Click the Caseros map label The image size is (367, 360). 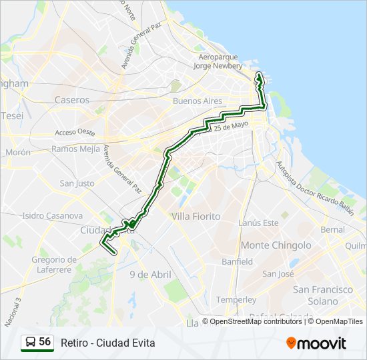[72, 100]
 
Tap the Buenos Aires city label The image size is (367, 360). [197, 101]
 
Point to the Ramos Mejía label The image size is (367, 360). [75, 149]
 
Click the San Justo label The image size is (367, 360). [77, 183]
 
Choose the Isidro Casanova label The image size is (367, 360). [52, 216]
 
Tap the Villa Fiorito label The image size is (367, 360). [196, 217]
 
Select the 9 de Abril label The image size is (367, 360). [150, 274]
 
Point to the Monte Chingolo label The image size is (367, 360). [276, 245]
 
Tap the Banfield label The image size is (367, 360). [237, 262]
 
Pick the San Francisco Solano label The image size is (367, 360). [323, 295]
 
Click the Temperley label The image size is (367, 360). [236, 300]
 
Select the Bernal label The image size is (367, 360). [333, 229]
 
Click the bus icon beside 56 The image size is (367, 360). [31, 343]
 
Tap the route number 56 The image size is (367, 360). [45, 342]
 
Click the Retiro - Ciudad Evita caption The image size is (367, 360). [107, 343]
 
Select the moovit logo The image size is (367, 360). [316, 343]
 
